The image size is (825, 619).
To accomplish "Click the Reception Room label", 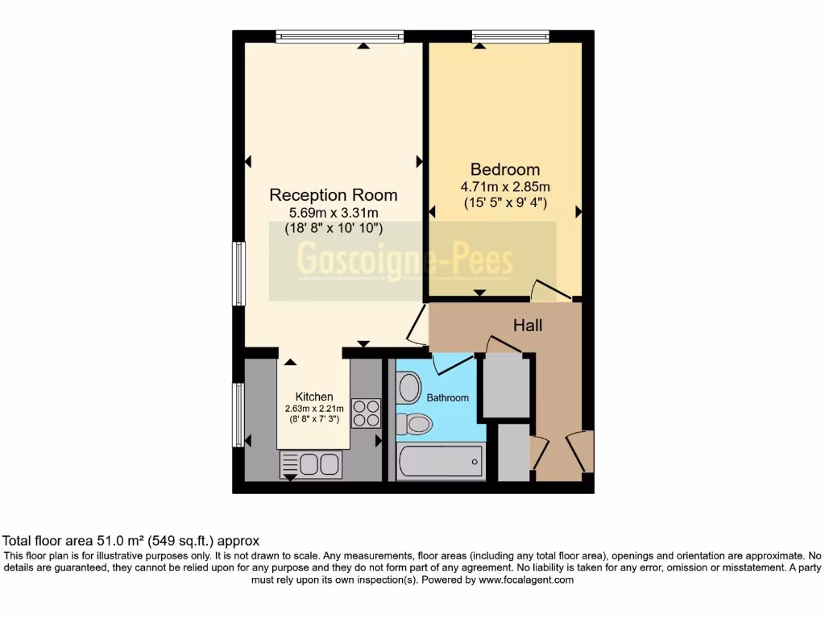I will click(333, 195).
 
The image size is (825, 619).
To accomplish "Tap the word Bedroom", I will click(505, 169).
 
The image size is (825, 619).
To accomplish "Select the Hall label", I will click(528, 326).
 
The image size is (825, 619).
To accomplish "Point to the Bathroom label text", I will click(447, 398).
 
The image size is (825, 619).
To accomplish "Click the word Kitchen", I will click(314, 397).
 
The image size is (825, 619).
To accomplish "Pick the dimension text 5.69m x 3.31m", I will click(333, 213).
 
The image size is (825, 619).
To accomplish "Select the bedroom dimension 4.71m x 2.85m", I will click(505, 187).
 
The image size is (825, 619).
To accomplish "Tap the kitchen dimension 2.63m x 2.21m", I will click(314, 409).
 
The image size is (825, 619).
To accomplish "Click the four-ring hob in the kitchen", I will click(366, 413).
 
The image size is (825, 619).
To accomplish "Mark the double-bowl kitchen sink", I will click(311, 463).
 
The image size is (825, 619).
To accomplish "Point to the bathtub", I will click(440, 463).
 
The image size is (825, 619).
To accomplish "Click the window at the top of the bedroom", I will click(511, 35).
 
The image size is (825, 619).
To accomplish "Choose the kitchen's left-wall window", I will click(238, 415).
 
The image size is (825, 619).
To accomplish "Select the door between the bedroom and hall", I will click(548, 290).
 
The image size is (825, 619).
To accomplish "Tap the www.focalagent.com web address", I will click(525, 580).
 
